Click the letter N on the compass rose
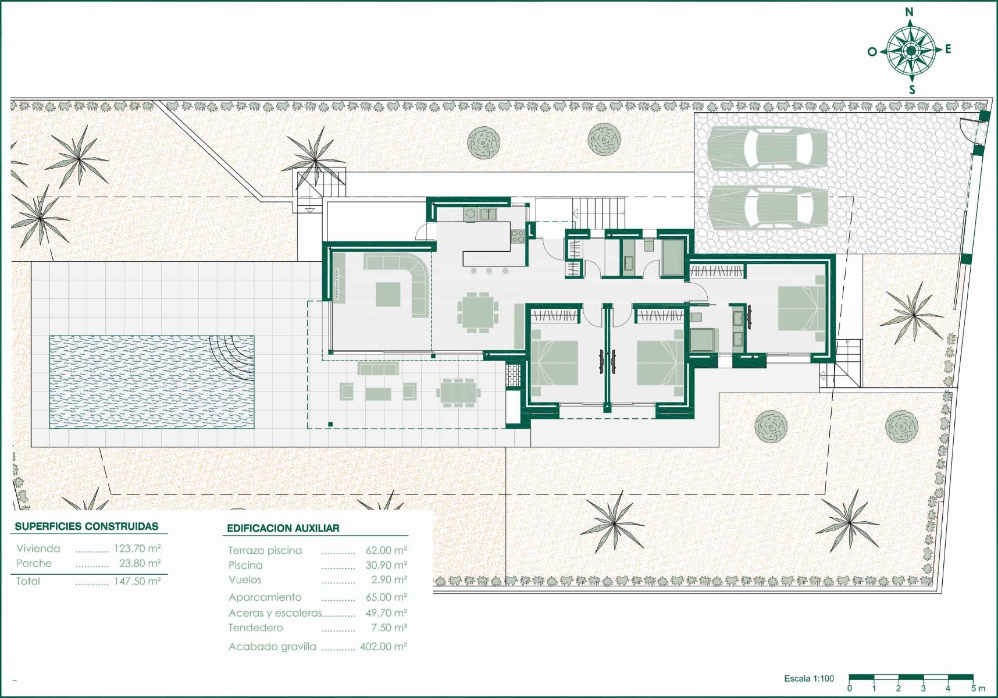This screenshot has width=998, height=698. (x=910, y=12)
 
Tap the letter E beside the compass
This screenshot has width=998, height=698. (x=948, y=49)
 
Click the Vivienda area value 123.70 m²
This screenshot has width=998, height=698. (x=137, y=549)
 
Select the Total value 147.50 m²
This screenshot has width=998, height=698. (x=137, y=581)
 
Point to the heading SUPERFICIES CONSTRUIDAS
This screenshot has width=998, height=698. (x=87, y=526)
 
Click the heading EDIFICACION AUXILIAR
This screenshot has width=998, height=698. (x=283, y=528)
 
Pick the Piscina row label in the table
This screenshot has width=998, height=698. (x=245, y=565)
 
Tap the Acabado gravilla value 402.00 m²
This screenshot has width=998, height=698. (x=384, y=646)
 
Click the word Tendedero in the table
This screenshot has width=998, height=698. (x=256, y=628)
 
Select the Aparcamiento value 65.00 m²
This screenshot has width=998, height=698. (x=387, y=597)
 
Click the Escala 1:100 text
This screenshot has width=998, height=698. (x=809, y=678)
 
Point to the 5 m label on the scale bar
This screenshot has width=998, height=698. (x=978, y=689)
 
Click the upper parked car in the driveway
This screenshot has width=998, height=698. (x=768, y=148)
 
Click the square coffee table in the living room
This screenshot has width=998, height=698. (x=388, y=294)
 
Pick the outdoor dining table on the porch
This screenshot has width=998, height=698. (x=458, y=392)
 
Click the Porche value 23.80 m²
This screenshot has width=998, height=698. (x=140, y=564)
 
